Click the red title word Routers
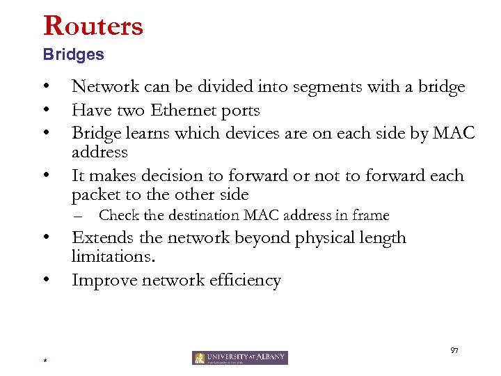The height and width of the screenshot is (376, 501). (x=93, y=26)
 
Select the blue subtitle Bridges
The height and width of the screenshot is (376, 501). (x=73, y=54)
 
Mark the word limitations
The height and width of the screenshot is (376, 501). (x=113, y=258)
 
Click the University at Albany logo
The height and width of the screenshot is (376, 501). (x=240, y=358)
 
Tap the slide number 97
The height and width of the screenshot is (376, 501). (x=455, y=349)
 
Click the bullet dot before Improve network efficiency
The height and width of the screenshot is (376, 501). (x=45, y=280)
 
